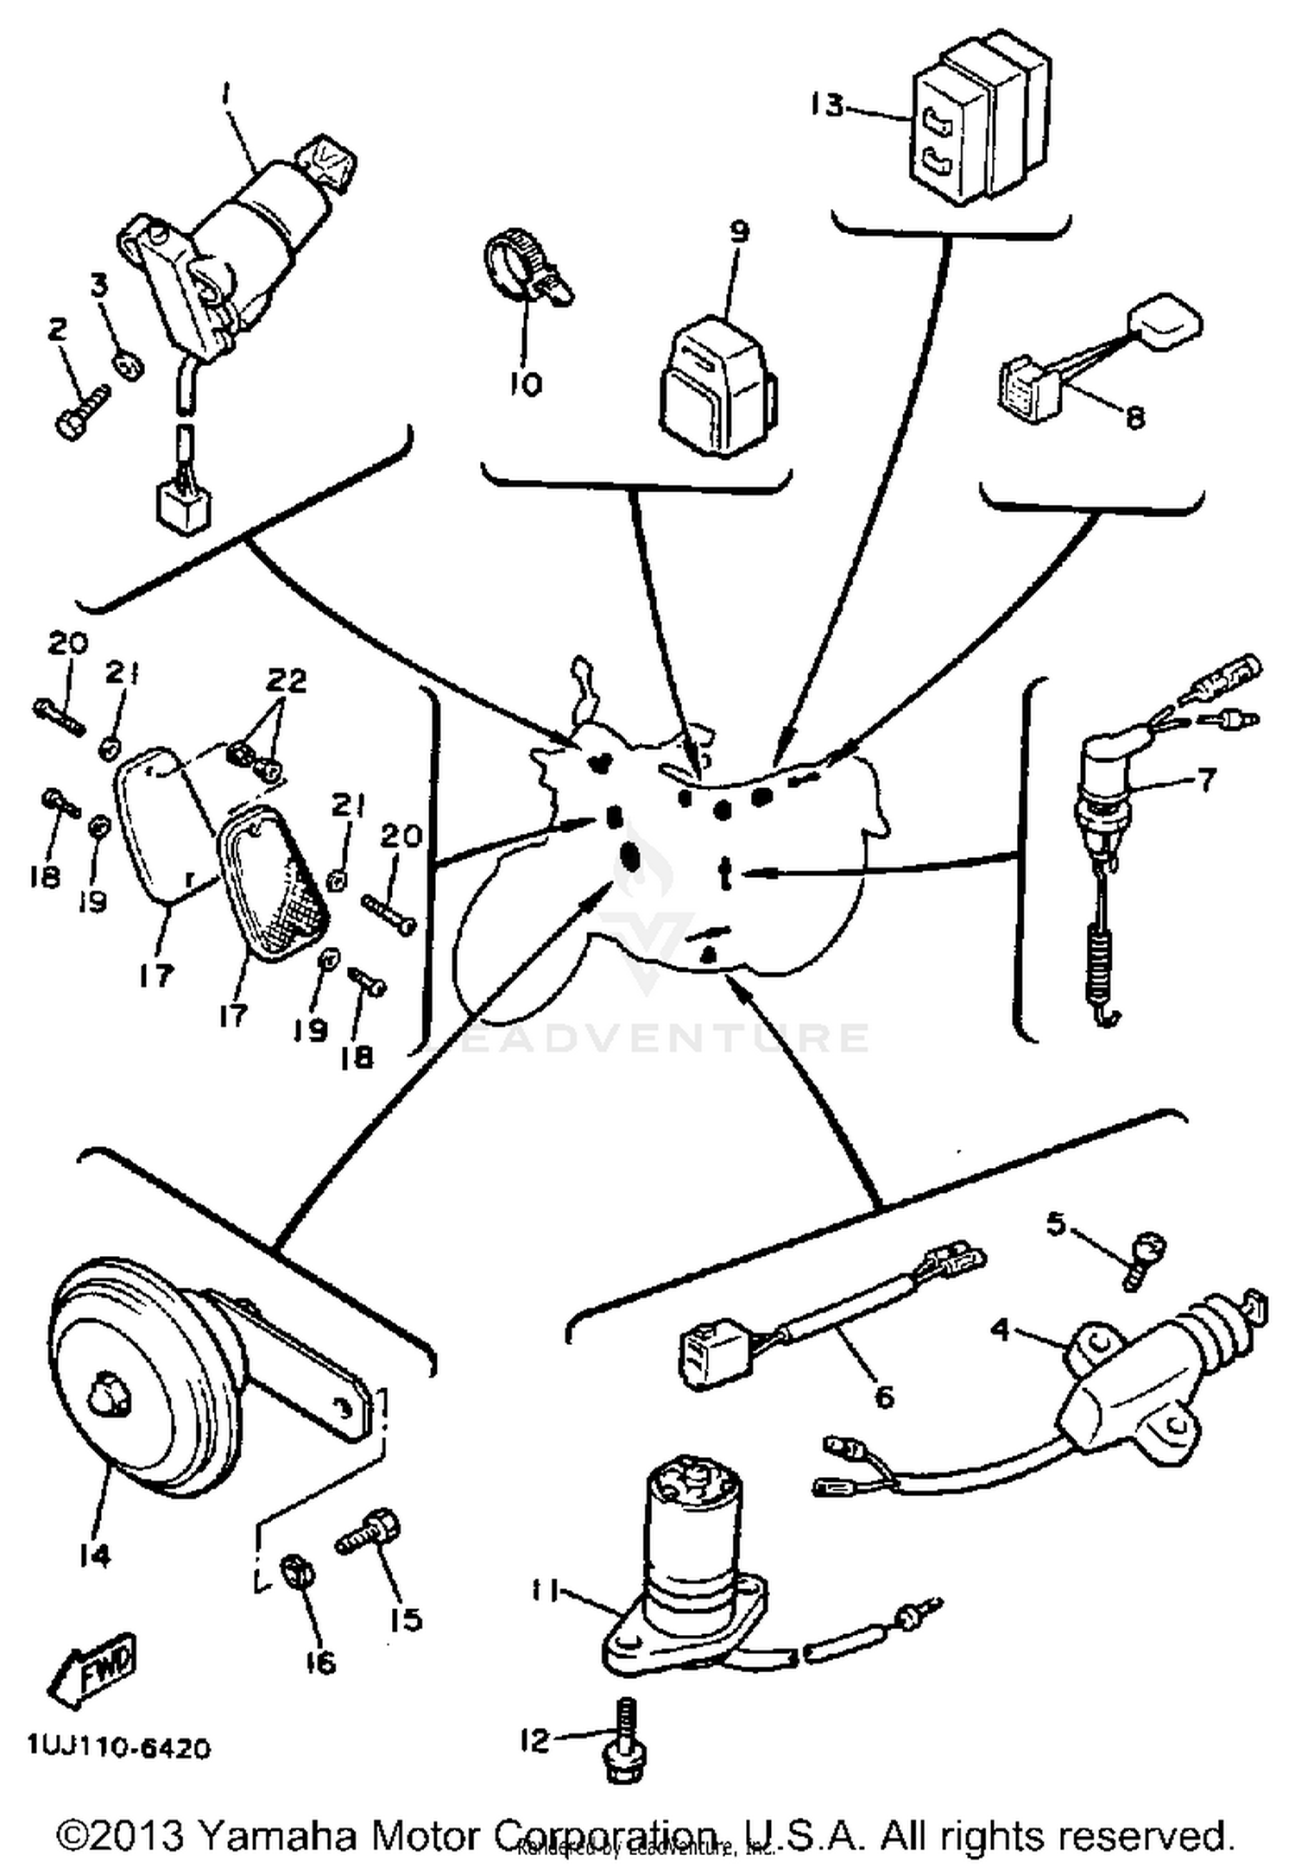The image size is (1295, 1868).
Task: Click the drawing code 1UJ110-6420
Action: pos(118,1748)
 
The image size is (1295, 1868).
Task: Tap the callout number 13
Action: pos(826,106)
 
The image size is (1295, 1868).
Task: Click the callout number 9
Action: pos(740,231)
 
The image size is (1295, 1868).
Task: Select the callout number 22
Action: pos(286,681)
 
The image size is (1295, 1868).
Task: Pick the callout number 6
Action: pos(884,1397)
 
